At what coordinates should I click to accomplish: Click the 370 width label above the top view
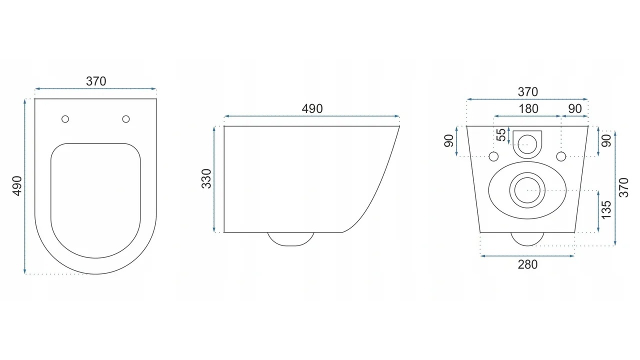pos(96,81)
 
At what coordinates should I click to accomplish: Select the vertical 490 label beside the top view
pos(17,186)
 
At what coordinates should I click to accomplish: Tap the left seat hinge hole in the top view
pos(65,119)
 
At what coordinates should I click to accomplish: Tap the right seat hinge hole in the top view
pos(125,119)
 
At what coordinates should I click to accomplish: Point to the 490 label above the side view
pos(312,109)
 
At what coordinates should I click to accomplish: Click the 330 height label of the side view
pos(206,178)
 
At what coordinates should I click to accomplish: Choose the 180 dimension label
pos(528,109)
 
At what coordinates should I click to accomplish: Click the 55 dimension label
pos(501,135)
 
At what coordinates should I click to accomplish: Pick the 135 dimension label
pos(606,209)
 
